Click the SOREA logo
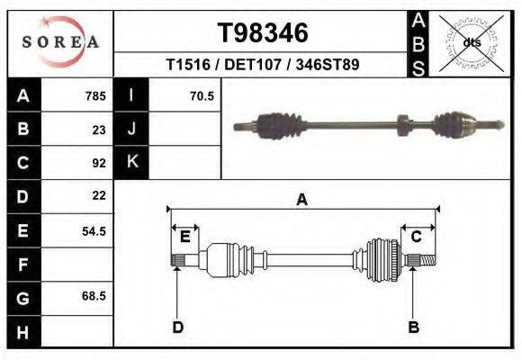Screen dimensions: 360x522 click(59, 41)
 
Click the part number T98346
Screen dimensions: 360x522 click(263, 33)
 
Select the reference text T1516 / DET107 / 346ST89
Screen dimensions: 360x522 click(263, 66)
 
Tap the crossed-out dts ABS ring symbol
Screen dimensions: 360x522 click(472, 42)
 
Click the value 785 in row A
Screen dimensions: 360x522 click(95, 95)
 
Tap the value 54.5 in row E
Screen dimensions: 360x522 click(94, 230)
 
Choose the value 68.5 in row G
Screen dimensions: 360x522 click(94, 296)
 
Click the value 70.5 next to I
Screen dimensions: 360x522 click(202, 95)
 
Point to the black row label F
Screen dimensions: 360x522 click(22, 265)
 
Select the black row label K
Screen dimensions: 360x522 click(131, 162)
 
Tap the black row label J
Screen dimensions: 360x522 click(131, 129)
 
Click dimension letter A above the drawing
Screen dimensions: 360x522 click(302, 200)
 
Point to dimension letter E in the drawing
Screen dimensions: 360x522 click(185, 237)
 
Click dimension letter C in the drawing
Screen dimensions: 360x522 click(417, 237)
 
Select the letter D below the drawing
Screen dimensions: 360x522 click(178, 327)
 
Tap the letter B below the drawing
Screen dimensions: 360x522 click(414, 327)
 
